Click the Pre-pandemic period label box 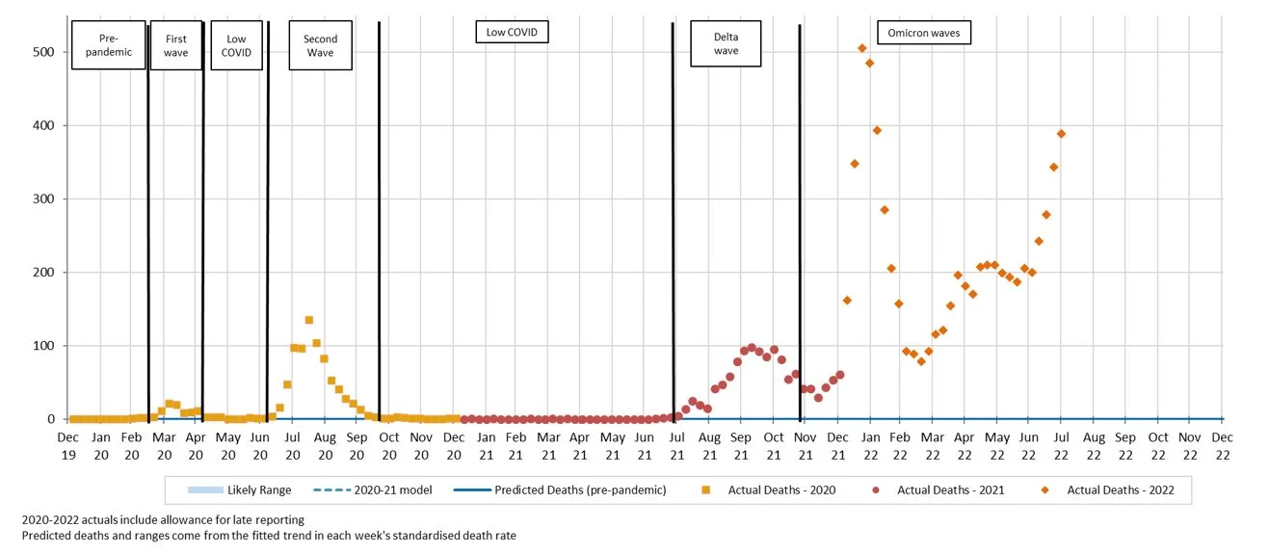(x=108, y=45)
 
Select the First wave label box (x=175, y=45)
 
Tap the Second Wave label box (x=320, y=45)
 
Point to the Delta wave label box (x=726, y=44)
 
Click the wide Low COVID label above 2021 (x=512, y=33)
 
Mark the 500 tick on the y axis (x=43, y=52)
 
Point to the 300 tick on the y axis (x=43, y=199)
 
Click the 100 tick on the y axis (x=43, y=346)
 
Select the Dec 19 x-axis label (x=67, y=445)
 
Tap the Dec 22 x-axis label (x=1222, y=445)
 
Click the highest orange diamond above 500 (x=861, y=48)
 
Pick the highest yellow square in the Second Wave (x=309, y=320)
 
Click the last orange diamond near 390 (x=1061, y=134)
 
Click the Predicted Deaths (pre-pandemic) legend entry (x=559, y=490)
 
